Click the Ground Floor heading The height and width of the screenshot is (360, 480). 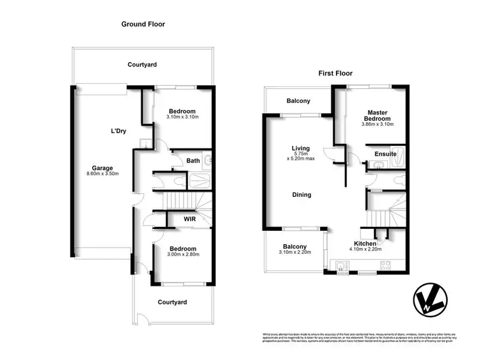[x=143, y=24]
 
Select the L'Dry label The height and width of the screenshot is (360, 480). [x=118, y=131]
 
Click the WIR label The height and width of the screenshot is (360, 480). [x=189, y=219]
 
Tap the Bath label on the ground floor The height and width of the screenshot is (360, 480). [x=193, y=160]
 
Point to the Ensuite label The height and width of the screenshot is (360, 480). [x=386, y=154]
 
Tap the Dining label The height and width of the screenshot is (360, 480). [x=301, y=195]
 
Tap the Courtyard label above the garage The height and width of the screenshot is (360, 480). [x=142, y=65]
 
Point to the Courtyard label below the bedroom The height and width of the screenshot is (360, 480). [x=172, y=302]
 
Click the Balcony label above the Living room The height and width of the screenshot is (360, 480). [x=298, y=101]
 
